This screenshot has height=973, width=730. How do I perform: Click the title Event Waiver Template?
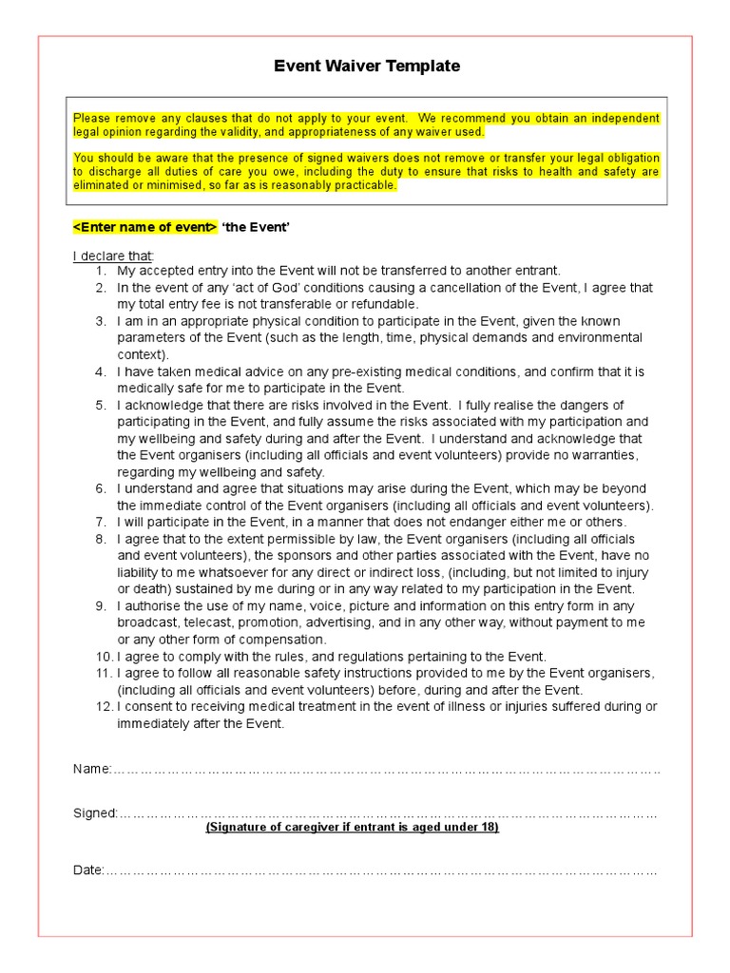coord(366,66)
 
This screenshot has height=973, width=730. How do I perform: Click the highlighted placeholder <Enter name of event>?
coord(144,228)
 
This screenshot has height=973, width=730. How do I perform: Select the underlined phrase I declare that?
coord(112,257)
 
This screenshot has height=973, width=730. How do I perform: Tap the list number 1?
coord(100,271)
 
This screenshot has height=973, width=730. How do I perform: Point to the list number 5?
coord(100,405)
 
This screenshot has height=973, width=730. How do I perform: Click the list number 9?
coord(100,606)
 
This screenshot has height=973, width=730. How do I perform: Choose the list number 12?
coord(102,707)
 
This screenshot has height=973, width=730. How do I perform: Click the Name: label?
coord(92,769)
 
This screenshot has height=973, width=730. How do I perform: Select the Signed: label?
coord(95,813)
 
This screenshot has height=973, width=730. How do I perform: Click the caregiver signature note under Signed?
coord(353,828)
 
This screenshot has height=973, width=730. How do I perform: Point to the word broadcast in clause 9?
coord(148,623)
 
